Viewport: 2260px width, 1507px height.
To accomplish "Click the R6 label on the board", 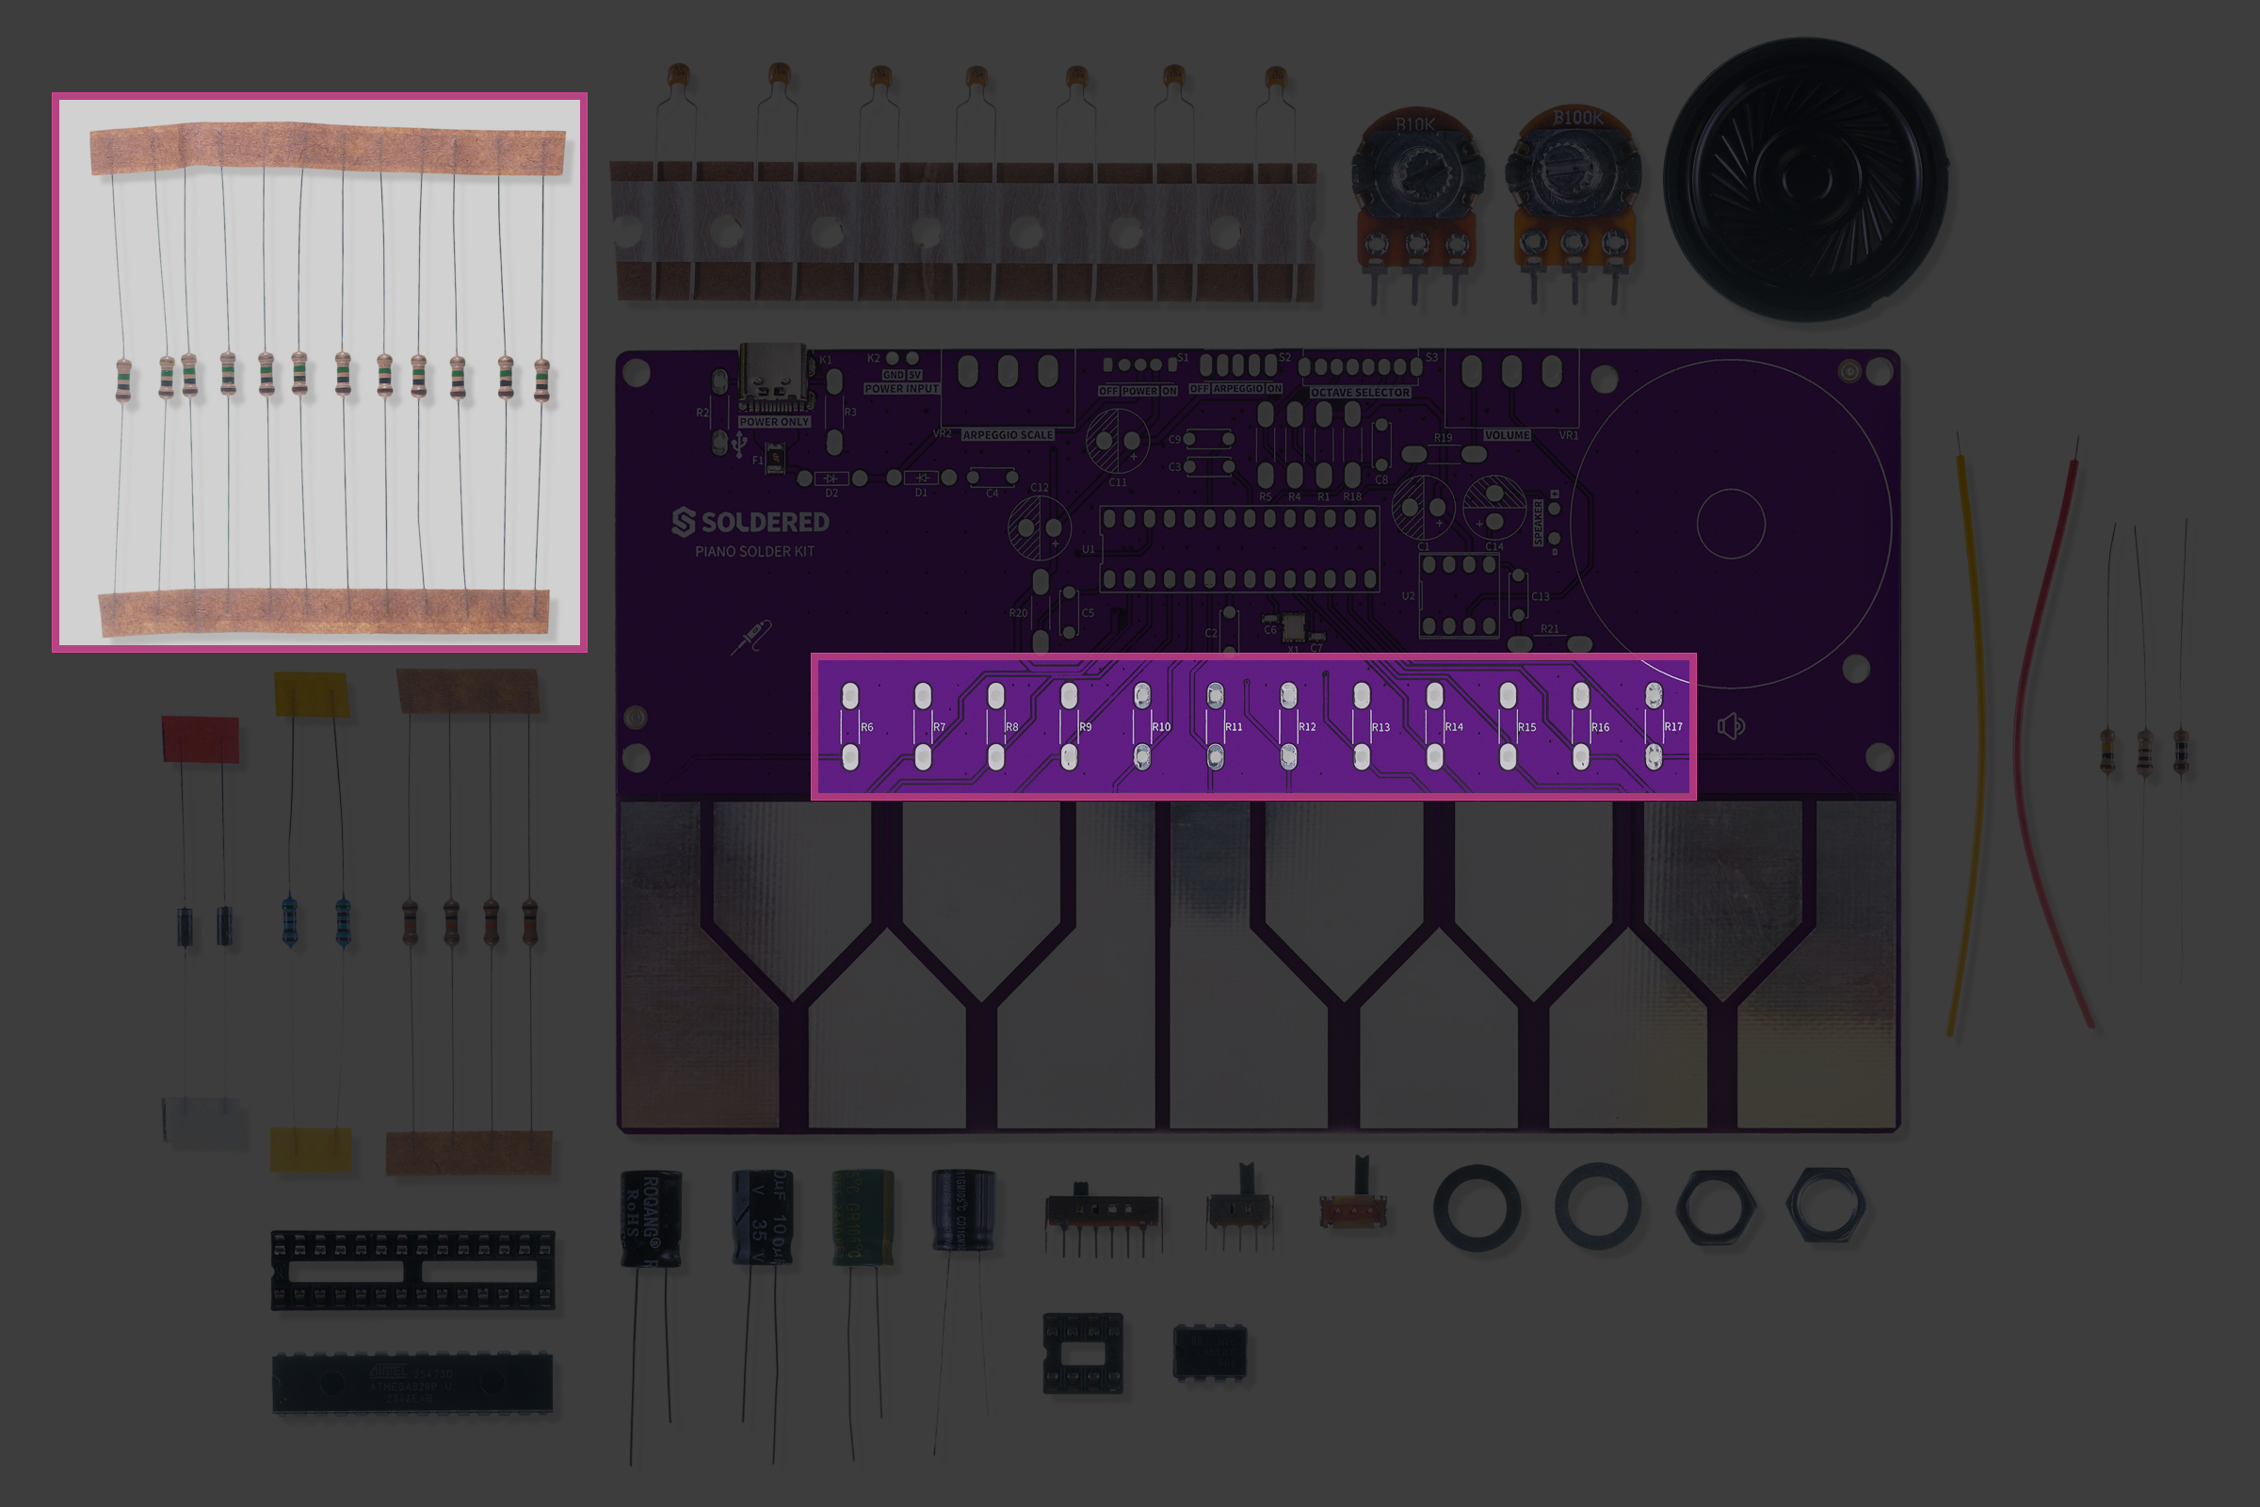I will tap(866, 727).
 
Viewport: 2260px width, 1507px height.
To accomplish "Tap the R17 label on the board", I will tap(1673, 727).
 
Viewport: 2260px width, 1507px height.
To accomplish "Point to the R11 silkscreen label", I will tap(1234, 727).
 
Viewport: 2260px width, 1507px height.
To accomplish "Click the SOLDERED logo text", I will tap(751, 522).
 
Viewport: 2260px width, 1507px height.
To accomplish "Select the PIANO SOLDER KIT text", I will tap(754, 552).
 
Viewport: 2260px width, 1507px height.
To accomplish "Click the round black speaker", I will tap(1805, 179).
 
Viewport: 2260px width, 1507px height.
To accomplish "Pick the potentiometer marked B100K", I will tap(1574, 187).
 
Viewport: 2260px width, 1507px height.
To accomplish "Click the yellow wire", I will tap(1970, 740).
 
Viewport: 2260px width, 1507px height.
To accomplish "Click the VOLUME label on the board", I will tap(1507, 435).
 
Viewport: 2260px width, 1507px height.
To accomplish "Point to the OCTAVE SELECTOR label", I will tap(1360, 393).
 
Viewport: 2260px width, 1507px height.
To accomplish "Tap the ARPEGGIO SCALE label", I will tap(1008, 435).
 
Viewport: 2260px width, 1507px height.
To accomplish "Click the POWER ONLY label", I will tap(774, 422).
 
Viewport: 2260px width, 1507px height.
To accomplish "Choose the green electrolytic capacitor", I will tap(862, 1216).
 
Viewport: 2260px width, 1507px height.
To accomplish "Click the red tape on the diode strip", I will tap(200, 739).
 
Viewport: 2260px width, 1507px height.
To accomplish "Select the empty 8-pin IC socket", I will tap(1083, 1353).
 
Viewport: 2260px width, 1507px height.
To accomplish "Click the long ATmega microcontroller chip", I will tap(413, 1384).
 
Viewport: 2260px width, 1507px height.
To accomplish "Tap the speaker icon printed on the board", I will tap(1731, 726).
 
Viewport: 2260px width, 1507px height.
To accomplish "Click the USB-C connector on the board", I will tap(771, 378).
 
